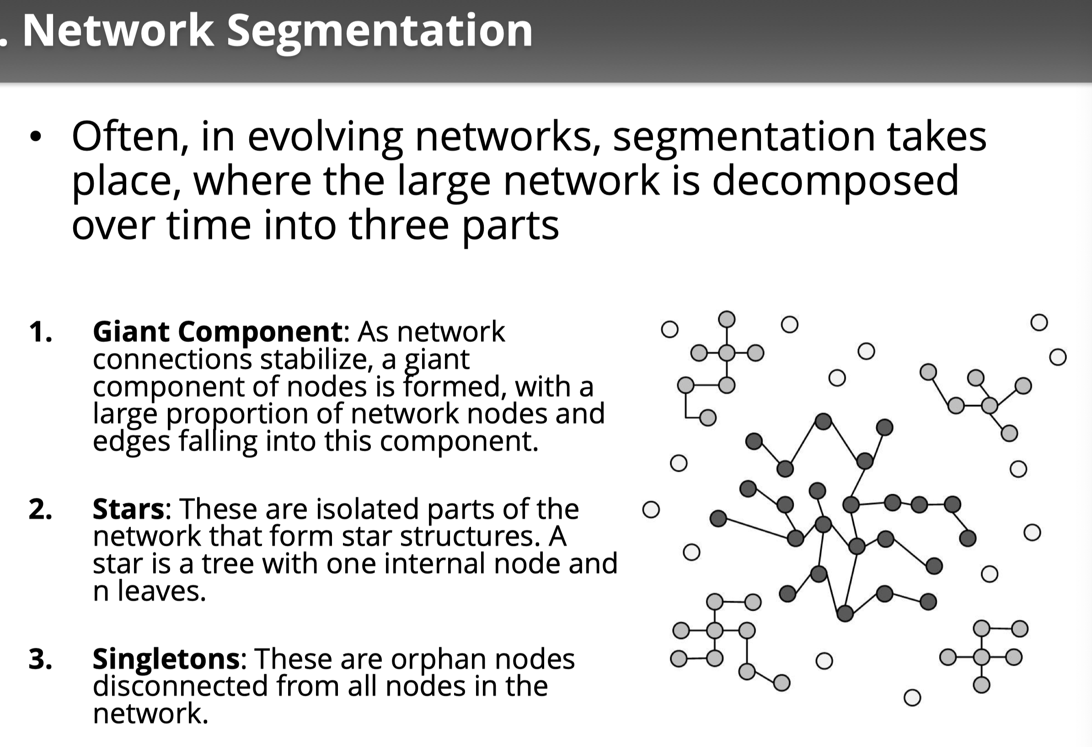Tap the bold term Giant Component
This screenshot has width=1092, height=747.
point(218,332)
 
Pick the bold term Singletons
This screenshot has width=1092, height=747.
point(166,659)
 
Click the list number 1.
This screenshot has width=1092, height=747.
point(40,332)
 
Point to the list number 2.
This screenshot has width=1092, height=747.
point(40,509)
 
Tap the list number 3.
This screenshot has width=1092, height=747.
point(40,659)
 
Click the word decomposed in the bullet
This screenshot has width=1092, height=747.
point(835,181)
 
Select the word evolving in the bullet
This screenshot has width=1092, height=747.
point(325,137)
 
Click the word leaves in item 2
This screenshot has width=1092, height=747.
point(161,591)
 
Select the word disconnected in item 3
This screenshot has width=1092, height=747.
point(181,686)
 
